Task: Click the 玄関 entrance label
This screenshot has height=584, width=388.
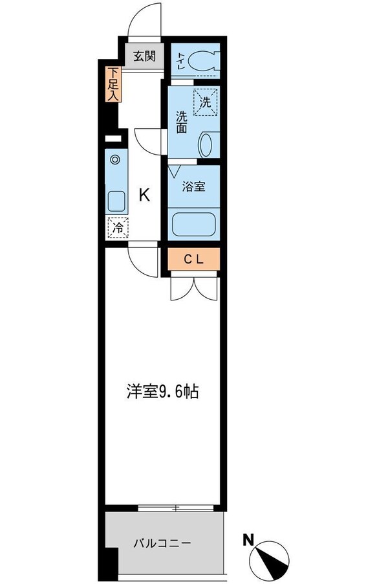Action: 145,56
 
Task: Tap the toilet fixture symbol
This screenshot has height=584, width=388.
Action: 205,61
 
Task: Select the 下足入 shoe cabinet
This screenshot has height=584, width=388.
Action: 113,84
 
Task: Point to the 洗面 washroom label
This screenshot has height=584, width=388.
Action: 182,122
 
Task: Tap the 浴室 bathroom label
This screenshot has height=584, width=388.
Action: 193,186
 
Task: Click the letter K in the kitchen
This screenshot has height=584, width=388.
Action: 145,194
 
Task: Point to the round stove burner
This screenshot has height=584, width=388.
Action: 115,159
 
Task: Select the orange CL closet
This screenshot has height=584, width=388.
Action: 194,260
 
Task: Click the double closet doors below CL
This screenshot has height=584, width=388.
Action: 194,287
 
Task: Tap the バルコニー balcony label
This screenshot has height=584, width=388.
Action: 162,543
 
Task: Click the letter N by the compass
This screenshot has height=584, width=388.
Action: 248,539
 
